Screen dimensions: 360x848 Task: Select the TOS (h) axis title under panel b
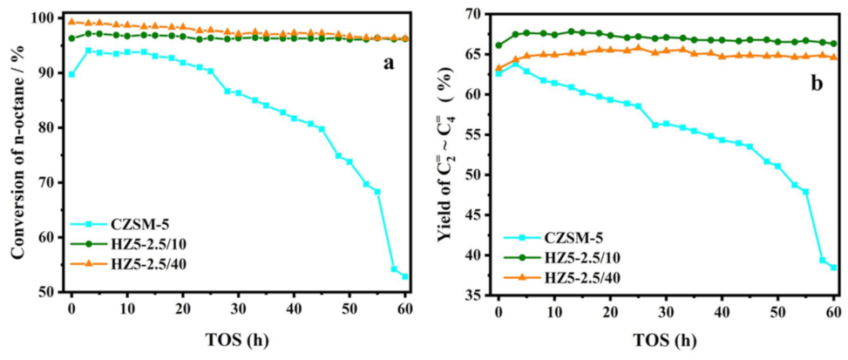pyautogui.click(x=665, y=342)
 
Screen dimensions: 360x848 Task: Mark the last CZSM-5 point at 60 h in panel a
pyautogui.click(x=405, y=276)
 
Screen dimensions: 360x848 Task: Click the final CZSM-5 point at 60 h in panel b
pyautogui.click(x=833, y=268)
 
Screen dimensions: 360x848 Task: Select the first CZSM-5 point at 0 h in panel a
pyautogui.click(x=71, y=74)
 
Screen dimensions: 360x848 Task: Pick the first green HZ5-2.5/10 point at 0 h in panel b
pyautogui.click(x=499, y=45)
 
